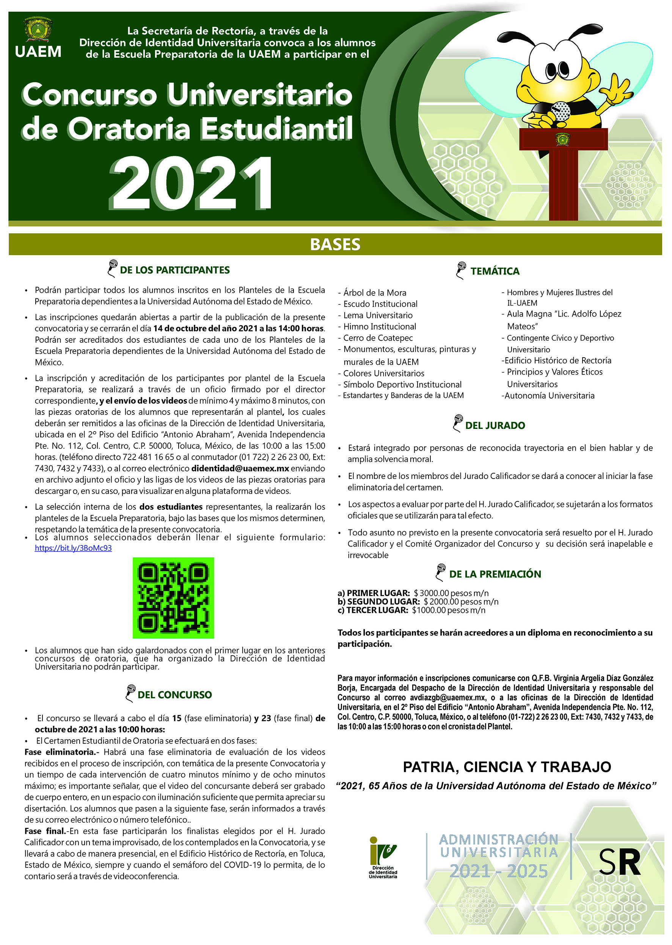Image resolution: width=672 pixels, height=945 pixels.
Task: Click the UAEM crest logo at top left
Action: click(38, 30)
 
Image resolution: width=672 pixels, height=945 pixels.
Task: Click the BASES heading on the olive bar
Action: click(335, 244)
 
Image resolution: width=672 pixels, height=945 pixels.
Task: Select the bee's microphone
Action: click(560, 110)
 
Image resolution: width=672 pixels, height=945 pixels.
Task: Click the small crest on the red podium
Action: click(562, 139)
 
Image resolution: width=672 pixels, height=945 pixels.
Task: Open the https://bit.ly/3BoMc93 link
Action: click(73, 548)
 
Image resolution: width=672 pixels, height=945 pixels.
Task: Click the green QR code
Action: click(173, 598)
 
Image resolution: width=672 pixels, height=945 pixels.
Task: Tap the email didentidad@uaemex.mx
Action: click(240, 468)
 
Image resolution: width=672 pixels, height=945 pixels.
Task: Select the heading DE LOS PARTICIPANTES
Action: click(174, 270)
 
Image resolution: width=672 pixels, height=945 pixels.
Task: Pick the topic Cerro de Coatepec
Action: click(378, 337)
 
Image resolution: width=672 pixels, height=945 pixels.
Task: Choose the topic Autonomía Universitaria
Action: click(549, 396)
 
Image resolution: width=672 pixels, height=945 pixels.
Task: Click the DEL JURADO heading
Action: click(495, 425)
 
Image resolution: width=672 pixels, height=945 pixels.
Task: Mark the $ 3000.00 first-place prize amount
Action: click(451, 593)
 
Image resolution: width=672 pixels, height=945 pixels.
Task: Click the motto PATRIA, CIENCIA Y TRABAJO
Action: click(507, 767)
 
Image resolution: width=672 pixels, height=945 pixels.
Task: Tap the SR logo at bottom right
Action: click(619, 862)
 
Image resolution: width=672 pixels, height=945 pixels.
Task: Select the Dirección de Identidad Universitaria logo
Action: click(383, 857)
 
